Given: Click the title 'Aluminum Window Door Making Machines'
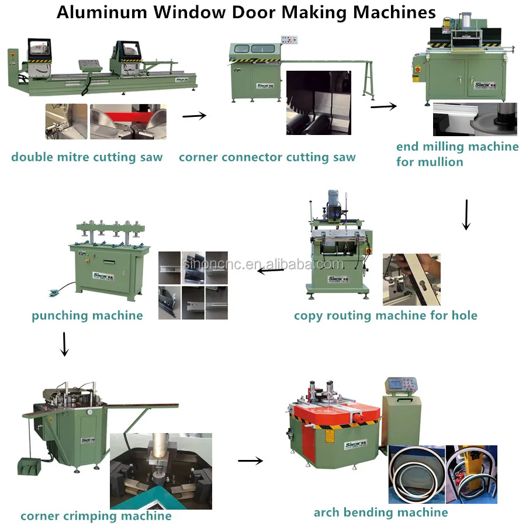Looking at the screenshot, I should click(246, 12).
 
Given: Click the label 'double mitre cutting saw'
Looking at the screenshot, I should click(87, 157).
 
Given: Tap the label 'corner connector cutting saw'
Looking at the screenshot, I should click(267, 157).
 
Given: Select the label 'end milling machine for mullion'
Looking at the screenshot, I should click(457, 154).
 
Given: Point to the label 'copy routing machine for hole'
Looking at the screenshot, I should click(385, 316).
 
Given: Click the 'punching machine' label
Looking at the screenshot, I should click(87, 316).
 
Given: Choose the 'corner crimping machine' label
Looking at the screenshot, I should click(96, 516).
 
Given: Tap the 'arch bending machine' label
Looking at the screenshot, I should click(380, 513).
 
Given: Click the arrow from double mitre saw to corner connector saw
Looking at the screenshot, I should click(195, 116).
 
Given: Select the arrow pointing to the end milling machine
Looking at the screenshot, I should click(383, 106).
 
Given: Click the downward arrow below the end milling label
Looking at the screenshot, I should click(466, 214).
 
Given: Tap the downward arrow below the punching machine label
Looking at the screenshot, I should click(65, 344).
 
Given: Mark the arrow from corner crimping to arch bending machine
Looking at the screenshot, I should click(250, 461).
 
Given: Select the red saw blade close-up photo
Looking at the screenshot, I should click(128, 122).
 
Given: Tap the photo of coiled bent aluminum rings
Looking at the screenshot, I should click(416, 474).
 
